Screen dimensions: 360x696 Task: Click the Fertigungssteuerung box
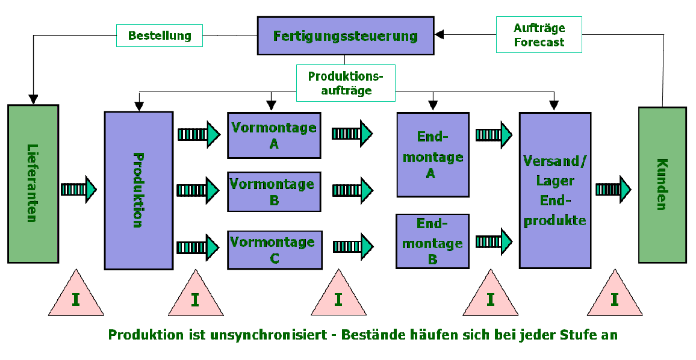[345, 36]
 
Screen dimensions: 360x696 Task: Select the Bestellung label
[160, 36]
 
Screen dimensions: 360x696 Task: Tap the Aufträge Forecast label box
[539, 35]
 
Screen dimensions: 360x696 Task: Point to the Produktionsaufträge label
[345, 83]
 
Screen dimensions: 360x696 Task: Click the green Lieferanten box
[33, 184]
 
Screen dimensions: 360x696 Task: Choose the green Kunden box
[662, 185]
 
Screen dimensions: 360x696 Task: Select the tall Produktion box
[138, 190]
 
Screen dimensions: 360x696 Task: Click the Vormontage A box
[274, 135]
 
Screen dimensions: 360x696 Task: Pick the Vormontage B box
[274, 191]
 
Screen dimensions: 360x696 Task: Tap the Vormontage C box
[274, 250]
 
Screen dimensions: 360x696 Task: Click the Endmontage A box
[432, 155]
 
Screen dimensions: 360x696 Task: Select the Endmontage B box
[432, 241]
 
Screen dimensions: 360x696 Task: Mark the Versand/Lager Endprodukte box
[555, 190]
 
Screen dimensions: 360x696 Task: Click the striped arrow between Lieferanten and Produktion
[78, 189]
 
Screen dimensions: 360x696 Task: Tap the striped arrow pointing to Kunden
[613, 189]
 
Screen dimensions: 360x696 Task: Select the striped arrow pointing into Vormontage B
[197, 190]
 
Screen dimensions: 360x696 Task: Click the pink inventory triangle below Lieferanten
[76, 297]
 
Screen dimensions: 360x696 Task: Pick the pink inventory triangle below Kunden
[614, 297]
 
